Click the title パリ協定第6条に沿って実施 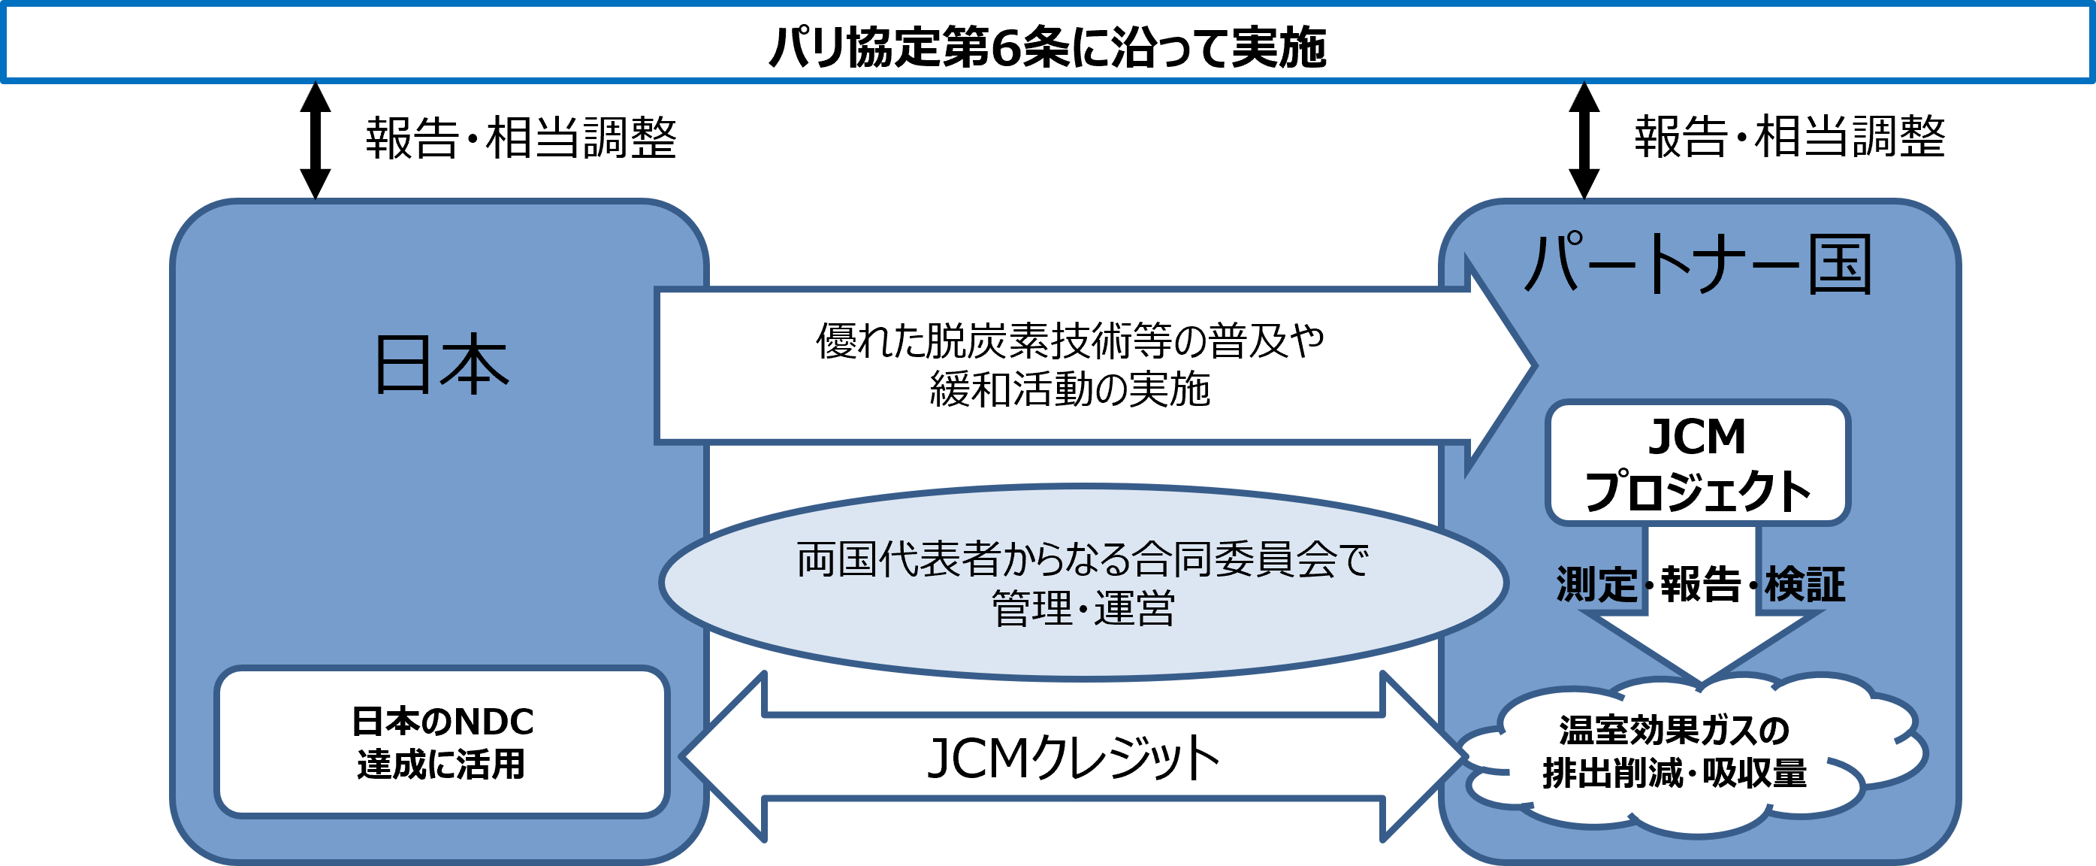coord(1047,47)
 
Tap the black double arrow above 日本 coord(316,140)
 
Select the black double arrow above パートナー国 coord(1584,140)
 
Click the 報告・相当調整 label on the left coord(521,137)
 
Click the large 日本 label coord(441,364)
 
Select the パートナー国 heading coord(1698,264)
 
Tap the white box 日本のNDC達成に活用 coord(442,741)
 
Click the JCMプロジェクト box coord(1698,462)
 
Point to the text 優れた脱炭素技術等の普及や coord(1070,341)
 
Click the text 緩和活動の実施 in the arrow coord(1070,388)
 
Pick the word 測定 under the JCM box coord(1596,584)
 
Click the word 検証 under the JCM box coord(1805,584)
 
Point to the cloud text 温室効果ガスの coord(1675,730)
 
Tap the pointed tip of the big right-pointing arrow coord(1535,366)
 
